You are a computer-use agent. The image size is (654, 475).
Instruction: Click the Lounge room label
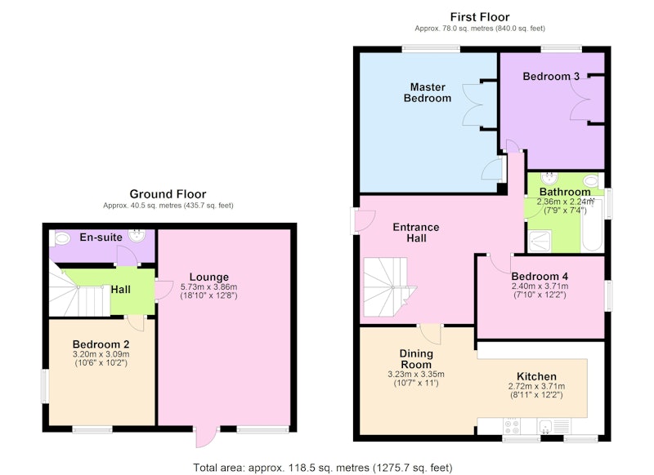coord(209,277)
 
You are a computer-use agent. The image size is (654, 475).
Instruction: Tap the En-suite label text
coord(101,237)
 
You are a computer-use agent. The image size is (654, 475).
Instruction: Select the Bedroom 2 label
coord(101,344)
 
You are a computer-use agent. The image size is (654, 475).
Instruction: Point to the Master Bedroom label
coord(428,92)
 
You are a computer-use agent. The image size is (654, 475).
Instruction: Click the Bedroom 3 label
coord(551,76)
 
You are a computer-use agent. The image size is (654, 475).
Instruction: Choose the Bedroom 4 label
coord(540,277)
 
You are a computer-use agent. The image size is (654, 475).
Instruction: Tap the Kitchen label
coord(536,376)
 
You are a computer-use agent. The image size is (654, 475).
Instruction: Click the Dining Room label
coord(416,359)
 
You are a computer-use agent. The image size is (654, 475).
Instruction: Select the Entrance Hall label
coord(416,233)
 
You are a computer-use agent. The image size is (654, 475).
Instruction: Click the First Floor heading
coord(480,17)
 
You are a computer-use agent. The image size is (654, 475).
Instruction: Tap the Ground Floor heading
coord(168,194)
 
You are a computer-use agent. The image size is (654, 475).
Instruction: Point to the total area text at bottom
coord(322,468)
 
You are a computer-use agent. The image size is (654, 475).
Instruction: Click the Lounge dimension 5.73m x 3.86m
coord(209,286)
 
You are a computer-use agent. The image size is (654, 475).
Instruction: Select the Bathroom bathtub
coord(592,225)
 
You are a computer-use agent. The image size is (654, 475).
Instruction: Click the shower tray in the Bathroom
coord(540,241)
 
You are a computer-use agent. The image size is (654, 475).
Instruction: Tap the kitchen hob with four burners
coord(512,426)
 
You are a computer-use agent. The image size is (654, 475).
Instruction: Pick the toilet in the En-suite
coord(60,238)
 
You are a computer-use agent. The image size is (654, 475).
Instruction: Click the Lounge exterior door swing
coord(206,437)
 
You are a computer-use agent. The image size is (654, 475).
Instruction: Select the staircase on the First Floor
coord(387,287)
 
